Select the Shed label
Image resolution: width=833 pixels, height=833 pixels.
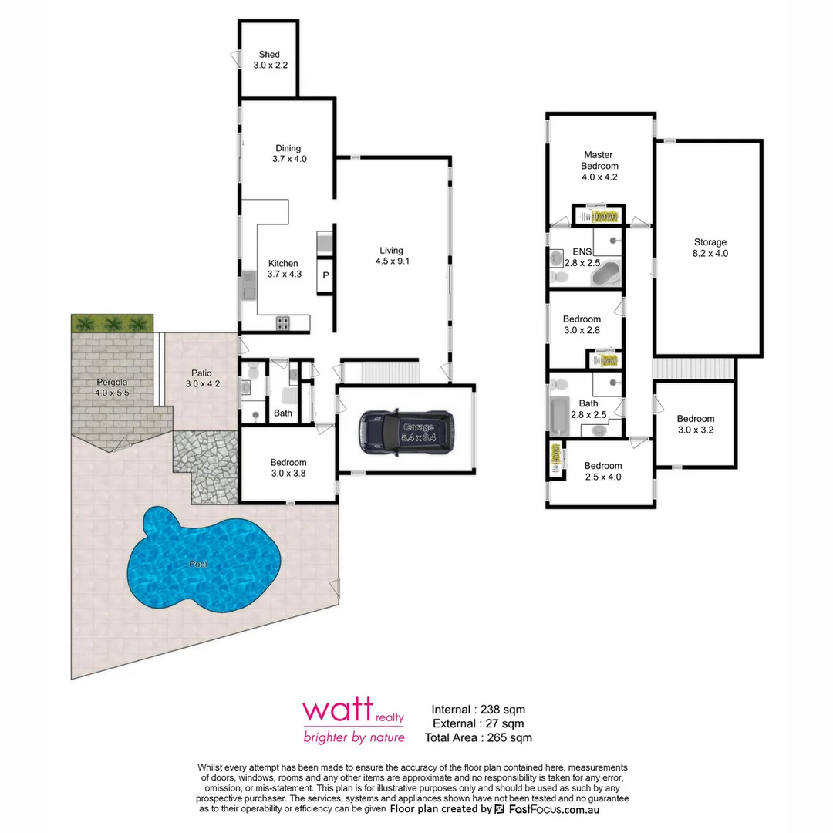269,55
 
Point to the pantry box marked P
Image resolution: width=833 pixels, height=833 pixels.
325,275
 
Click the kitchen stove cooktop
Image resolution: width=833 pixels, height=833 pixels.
283,324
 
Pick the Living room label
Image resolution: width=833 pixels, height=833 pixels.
391,250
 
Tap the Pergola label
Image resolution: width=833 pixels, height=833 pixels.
112,383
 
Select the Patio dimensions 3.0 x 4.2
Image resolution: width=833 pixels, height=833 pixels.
204,383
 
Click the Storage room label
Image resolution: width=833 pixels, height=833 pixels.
710,242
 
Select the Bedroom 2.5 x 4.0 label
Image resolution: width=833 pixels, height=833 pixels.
603,466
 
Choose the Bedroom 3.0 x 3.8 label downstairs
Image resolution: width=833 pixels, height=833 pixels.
288,463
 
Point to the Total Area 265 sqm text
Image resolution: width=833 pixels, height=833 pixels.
478,737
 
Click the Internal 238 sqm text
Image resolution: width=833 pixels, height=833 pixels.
478,709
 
